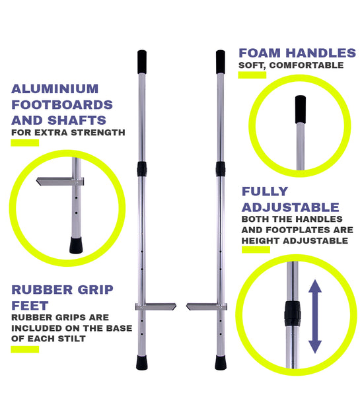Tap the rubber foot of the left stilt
[x=142, y=363]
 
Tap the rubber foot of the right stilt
[x=220, y=363]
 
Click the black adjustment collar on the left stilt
[x=142, y=168]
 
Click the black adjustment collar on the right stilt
[x=220, y=168]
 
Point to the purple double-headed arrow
[x=315, y=315]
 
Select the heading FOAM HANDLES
[x=297, y=53]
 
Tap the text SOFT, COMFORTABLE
[x=291, y=65]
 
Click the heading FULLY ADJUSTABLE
[x=290, y=199]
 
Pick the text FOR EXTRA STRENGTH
[x=68, y=132]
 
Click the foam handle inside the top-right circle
[x=301, y=108]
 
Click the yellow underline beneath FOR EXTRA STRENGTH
[x=24, y=143]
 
